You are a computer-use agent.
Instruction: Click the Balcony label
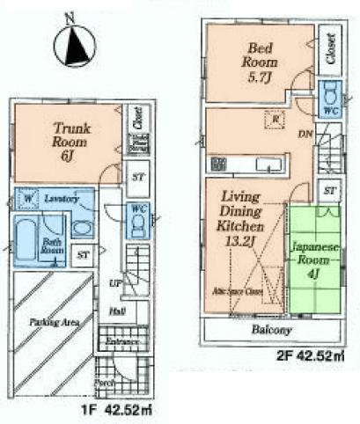click(275, 330)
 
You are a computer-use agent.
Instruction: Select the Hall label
click(116, 311)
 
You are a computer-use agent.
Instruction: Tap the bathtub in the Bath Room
click(27, 239)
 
